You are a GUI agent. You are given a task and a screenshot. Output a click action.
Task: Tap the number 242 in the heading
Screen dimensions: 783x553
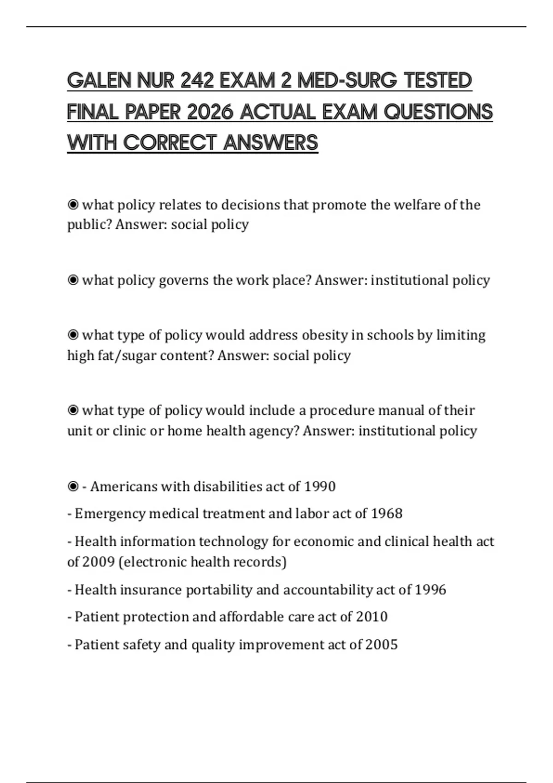(197, 81)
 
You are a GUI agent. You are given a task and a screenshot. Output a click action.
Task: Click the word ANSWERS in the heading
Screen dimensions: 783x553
(271, 143)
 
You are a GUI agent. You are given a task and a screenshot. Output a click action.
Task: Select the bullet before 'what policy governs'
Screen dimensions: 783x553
(73, 280)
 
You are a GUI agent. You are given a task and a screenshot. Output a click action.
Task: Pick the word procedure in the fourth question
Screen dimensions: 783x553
(341, 410)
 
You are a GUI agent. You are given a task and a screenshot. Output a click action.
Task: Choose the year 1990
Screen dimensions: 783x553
(320, 486)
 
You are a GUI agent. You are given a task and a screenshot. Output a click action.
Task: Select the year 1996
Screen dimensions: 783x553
(430, 590)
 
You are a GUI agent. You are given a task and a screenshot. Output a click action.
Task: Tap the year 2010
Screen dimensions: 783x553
(372, 617)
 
